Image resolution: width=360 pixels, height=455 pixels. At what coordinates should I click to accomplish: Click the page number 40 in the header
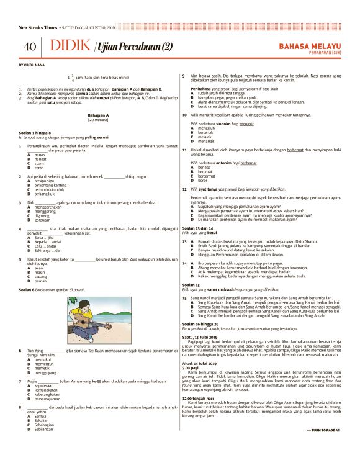pyautogui.click(x=30, y=47)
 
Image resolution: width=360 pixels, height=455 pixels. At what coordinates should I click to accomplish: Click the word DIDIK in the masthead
pyautogui.click(x=70, y=47)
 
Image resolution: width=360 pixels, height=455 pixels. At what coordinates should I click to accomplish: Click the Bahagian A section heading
pyautogui.click(x=98, y=115)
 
